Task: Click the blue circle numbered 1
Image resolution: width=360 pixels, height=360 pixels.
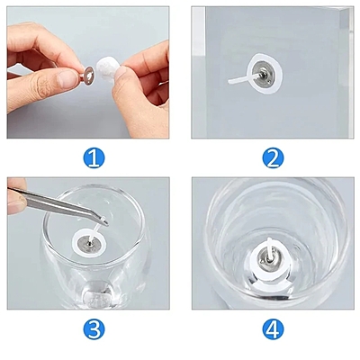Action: (x=94, y=158)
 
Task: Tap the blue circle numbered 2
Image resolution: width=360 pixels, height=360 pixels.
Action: (x=274, y=158)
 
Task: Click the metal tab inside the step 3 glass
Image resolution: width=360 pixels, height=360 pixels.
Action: (x=86, y=238)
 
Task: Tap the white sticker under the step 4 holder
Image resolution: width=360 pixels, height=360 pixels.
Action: (x=256, y=270)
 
